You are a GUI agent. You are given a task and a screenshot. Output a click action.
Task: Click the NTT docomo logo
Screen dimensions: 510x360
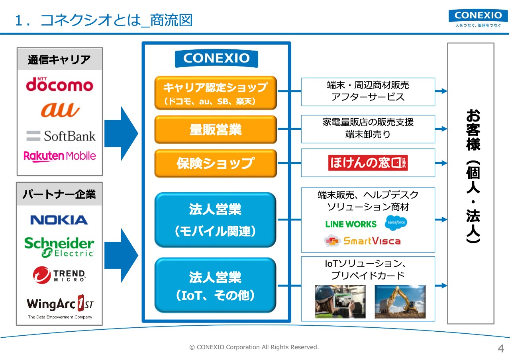pyautogui.click(x=60, y=84)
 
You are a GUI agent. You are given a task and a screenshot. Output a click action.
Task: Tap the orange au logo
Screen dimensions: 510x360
pyautogui.click(x=60, y=110)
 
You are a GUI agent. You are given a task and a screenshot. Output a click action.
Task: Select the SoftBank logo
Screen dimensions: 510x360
pyautogui.click(x=61, y=136)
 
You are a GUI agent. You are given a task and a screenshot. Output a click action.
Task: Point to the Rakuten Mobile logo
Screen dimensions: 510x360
pyautogui.click(x=60, y=156)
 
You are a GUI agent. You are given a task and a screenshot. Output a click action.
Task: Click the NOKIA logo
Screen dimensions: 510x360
pyautogui.click(x=59, y=220)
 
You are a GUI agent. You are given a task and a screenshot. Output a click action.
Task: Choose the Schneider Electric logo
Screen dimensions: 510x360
pyautogui.click(x=59, y=247)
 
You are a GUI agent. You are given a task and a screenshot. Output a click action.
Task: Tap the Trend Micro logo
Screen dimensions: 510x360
pyautogui.click(x=59, y=275)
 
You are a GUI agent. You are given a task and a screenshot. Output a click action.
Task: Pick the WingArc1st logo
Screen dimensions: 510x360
pyautogui.click(x=60, y=307)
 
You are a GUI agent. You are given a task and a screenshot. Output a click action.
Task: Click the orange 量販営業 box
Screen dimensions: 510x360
pyautogui.click(x=216, y=129)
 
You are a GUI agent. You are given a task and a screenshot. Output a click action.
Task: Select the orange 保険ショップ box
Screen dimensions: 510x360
pyautogui.click(x=216, y=163)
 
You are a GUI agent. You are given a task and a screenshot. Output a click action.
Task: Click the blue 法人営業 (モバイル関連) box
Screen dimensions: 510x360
pyautogui.click(x=216, y=220)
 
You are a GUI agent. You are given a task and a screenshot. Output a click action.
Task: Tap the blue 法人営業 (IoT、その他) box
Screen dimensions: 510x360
pyautogui.click(x=216, y=285)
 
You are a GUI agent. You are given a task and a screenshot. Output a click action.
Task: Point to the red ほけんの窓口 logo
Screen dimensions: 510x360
pyautogui.click(x=368, y=163)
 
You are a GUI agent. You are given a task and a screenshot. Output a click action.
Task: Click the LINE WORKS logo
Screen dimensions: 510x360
pyautogui.click(x=351, y=224)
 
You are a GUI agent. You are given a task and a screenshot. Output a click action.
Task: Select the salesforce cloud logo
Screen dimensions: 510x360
pyautogui.click(x=396, y=223)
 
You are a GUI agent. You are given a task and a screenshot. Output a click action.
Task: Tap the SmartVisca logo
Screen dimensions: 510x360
pyautogui.click(x=362, y=241)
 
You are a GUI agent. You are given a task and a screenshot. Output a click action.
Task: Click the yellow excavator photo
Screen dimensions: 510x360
pyautogui.click(x=400, y=301)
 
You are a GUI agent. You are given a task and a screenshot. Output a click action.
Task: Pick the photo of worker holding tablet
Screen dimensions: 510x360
pyautogui.click(x=340, y=301)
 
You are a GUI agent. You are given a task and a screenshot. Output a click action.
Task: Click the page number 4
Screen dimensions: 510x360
pyautogui.click(x=501, y=348)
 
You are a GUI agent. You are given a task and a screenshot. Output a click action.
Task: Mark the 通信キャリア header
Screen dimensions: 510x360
pyautogui.click(x=59, y=60)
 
